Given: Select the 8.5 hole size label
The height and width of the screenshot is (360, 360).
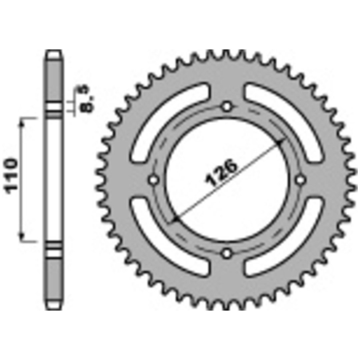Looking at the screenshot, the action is point(87,98).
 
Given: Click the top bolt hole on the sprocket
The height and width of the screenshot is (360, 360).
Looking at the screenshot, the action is point(227,107).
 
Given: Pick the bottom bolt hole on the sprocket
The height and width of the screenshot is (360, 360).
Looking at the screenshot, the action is point(227,253).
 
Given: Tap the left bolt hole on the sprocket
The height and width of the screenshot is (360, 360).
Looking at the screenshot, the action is point(154,180).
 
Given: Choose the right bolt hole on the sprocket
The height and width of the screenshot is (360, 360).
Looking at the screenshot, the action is point(300,180).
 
